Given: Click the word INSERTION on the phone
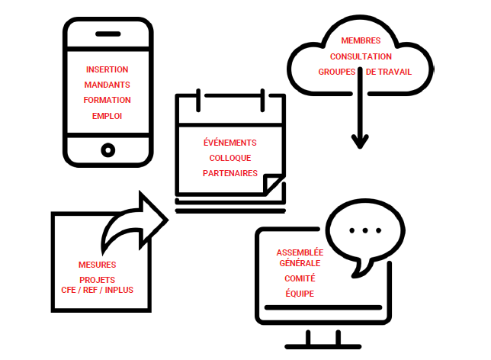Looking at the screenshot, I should pos(108,69).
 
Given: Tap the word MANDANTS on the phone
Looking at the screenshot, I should pos(108,85).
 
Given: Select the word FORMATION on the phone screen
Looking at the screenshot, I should pos(108,100).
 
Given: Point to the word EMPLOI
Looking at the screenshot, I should pos(108,116).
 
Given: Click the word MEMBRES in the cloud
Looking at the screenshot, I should pos(361,40).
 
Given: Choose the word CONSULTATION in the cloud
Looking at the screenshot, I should pos(361,56).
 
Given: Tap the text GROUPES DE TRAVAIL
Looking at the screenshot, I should pos(364,72).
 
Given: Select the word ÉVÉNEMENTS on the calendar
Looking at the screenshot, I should pos(229,143).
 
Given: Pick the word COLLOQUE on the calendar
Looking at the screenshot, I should pos(229,158).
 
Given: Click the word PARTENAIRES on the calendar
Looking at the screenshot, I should pos(229,173).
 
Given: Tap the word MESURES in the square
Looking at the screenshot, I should pos(98,265).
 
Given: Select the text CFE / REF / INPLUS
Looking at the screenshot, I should pos(98,291).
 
